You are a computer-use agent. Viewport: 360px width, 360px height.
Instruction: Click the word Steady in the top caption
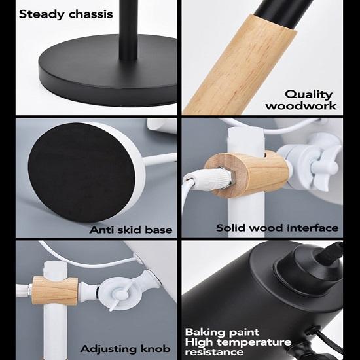pyautogui.click(x=42, y=14)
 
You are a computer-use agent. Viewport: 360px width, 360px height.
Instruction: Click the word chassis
pyautogui.click(x=91, y=14)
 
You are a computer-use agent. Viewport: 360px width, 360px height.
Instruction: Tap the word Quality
pyautogui.click(x=308, y=95)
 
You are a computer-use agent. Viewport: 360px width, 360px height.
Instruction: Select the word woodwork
pyautogui.click(x=301, y=106)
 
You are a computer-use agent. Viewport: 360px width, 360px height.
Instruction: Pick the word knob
pyautogui.click(x=155, y=349)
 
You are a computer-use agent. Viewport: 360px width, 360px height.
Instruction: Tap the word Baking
pyautogui.click(x=202, y=333)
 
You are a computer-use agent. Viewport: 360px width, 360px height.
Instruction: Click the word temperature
pyautogui.click(x=254, y=342)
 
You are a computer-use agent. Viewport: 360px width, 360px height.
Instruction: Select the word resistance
pyautogui.click(x=214, y=352)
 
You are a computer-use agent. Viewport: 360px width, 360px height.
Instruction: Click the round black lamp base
pyautogui.click(x=108, y=71)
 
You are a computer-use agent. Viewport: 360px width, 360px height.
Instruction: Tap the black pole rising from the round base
pyautogui.click(x=128, y=30)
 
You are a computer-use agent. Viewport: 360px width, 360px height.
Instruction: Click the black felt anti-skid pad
pyautogui.click(x=81, y=172)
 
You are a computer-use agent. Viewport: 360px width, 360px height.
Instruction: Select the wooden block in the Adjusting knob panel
pyautogui.click(x=54, y=291)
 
